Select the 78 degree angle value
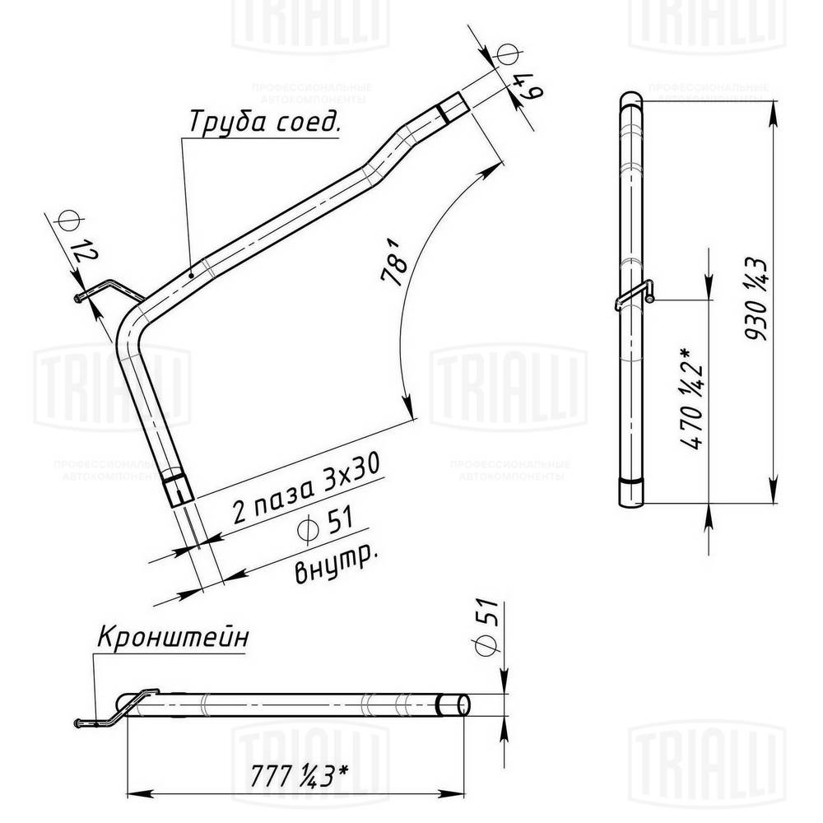(396, 260)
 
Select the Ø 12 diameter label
(75, 238)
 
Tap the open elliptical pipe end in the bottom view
(453, 704)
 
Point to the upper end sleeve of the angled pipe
(452, 108)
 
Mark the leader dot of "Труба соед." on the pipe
(191, 275)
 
